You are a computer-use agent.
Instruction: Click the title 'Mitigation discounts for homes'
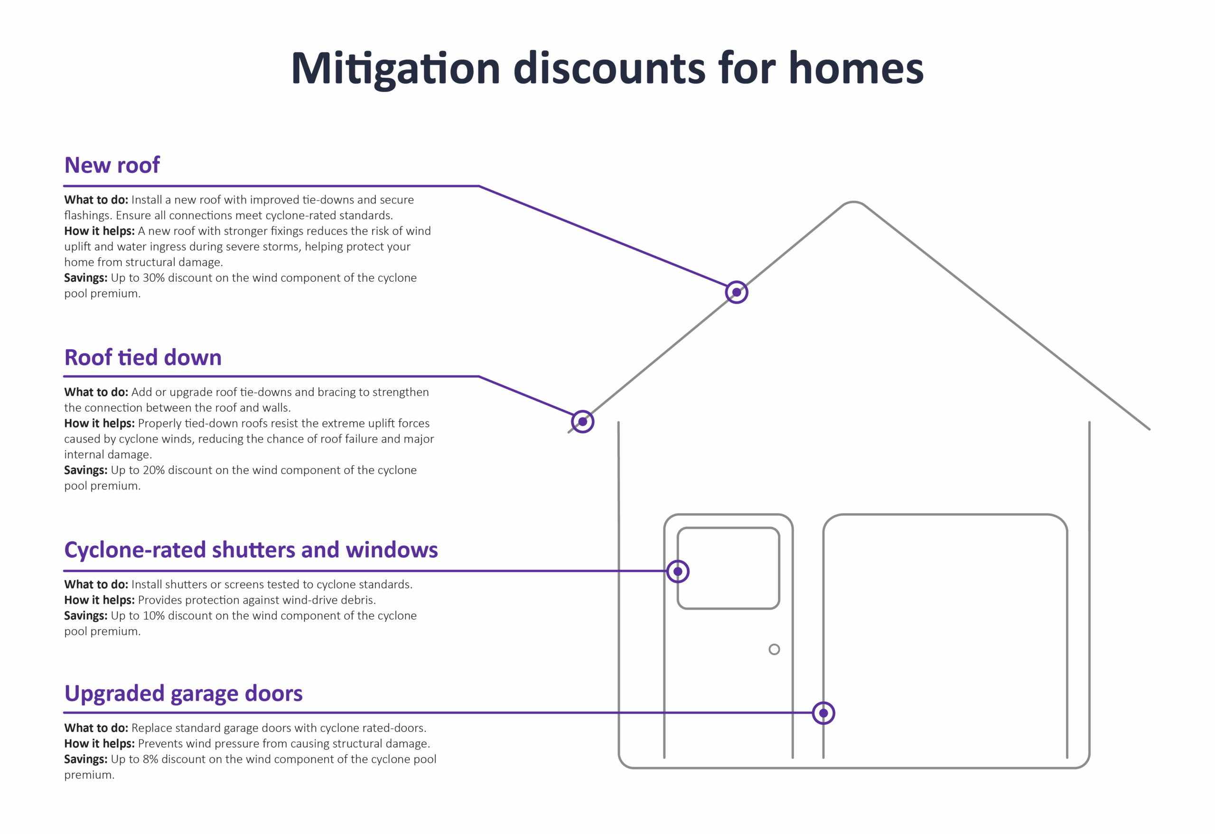click(x=607, y=69)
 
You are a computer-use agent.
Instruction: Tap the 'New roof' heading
click(x=112, y=165)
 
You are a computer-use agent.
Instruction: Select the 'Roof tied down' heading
click(x=143, y=357)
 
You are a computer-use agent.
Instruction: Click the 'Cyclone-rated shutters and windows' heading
click(x=251, y=550)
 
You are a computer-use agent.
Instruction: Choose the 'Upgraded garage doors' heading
click(x=184, y=694)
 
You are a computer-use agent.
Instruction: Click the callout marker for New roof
click(x=737, y=292)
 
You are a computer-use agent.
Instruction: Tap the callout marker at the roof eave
click(x=582, y=422)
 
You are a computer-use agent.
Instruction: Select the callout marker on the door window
click(x=678, y=571)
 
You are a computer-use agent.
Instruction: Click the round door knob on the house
click(x=774, y=649)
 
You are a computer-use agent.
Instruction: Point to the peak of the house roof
click(x=853, y=202)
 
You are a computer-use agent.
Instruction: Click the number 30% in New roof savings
click(x=154, y=278)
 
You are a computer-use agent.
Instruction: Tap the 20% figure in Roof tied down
click(x=154, y=470)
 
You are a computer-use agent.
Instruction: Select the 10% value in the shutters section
click(x=154, y=616)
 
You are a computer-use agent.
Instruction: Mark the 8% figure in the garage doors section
click(x=150, y=759)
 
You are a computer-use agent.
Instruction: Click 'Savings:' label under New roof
click(x=86, y=278)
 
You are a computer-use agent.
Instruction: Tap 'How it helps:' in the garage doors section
click(x=99, y=743)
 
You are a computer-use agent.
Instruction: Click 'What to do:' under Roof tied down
click(x=96, y=392)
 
